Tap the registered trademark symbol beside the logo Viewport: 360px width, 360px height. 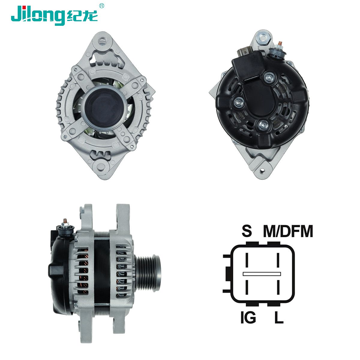102,5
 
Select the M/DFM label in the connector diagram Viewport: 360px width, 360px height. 288,231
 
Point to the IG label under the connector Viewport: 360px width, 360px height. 248,318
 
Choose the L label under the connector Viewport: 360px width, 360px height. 279,318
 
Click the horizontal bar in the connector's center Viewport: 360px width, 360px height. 261,274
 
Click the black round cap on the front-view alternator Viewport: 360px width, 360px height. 103,106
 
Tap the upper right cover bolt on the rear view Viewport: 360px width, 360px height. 269,78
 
